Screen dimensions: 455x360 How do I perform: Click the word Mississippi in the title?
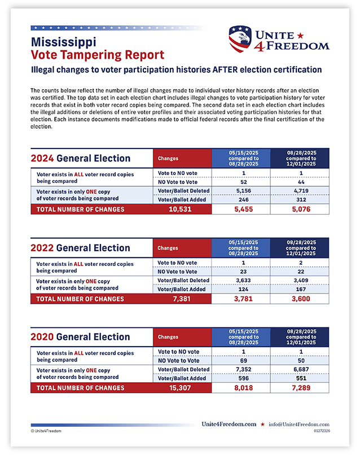pyautogui.click(x=63, y=42)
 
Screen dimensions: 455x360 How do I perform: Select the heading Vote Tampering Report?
pyautogui.click(x=98, y=55)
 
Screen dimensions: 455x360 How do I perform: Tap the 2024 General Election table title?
pyautogui.click(x=80, y=159)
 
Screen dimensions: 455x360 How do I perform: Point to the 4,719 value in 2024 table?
pyautogui.click(x=300, y=191)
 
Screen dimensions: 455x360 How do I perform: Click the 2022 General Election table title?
pyautogui.click(x=80, y=248)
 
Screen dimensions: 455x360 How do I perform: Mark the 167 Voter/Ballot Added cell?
pyautogui.click(x=300, y=289)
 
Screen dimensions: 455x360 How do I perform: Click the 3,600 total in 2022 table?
pyautogui.click(x=300, y=299)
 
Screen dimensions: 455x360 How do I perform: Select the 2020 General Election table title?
pyautogui.click(x=80, y=337)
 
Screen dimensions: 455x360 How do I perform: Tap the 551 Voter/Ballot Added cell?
pyautogui.click(x=300, y=378)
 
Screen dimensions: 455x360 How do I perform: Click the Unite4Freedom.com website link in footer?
pyautogui.click(x=229, y=425)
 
